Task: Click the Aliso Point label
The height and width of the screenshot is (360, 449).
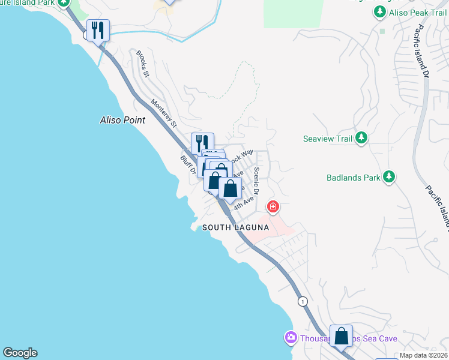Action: pyautogui.click(x=122, y=120)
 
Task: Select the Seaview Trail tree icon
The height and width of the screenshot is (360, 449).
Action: pyautogui.click(x=361, y=139)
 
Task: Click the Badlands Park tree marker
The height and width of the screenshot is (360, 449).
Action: pyautogui.click(x=390, y=177)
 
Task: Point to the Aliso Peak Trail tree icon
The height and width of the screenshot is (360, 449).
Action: pyautogui.click(x=379, y=11)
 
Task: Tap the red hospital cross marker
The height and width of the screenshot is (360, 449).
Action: pyautogui.click(x=273, y=207)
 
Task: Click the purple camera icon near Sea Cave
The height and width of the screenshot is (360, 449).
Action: pyautogui.click(x=291, y=338)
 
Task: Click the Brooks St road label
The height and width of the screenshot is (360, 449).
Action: pyautogui.click(x=142, y=63)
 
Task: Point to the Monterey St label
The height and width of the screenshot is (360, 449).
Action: pyautogui.click(x=164, y=113)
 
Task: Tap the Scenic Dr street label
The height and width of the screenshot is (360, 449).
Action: pyautogui.click(x=256, y=181)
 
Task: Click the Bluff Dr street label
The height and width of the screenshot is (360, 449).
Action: pyautogui.click(x=188, y=166)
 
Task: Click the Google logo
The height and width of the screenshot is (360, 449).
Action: pyautogui.click(x=20, y=353)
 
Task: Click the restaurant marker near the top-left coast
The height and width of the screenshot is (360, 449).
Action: pyautogui.click(x=98, y=30)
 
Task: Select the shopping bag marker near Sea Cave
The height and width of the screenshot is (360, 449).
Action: pyautogui.click(x=341, y=336)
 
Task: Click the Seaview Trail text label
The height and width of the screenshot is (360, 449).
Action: pyautogui.click(x=327, y=139)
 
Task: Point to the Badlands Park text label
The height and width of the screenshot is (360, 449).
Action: pyautogui.click(x=354, y=178)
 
